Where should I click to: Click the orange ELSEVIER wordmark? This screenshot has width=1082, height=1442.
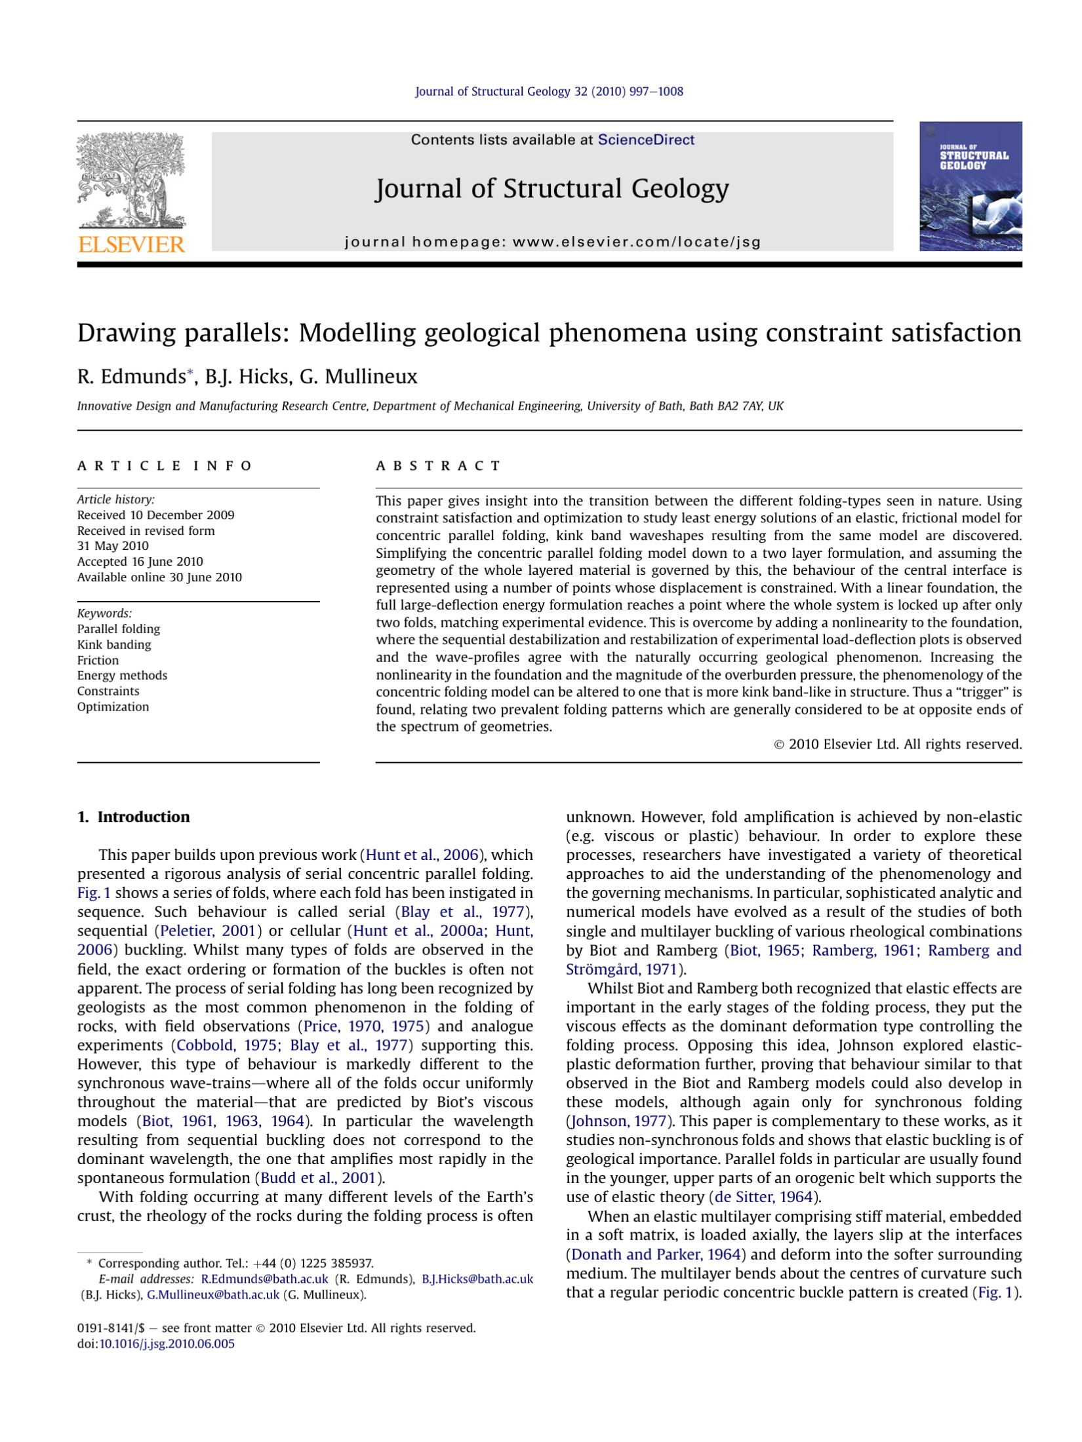(x=131, y=244)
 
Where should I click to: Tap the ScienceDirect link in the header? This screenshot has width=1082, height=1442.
(x=645, y=140)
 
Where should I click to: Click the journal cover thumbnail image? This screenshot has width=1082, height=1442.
(x=970, y=186)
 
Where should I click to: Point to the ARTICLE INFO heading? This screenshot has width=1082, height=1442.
(x=164, y=465)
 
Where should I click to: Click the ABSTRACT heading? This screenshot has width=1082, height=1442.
(x=437, y=465)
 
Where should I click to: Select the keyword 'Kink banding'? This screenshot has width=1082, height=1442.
(x=114, y=644)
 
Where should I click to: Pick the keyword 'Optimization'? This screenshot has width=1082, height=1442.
(x=113, y=707)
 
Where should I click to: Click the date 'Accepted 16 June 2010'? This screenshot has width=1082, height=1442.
(x=140, y=561)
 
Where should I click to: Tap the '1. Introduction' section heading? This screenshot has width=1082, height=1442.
(x=133, y=817)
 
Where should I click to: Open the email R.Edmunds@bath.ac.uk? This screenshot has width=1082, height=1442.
(x=264, y=1279)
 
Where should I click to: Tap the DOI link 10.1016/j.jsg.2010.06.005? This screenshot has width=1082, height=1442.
(x=167, y=1344)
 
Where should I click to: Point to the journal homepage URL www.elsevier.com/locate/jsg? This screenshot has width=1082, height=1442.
(x=636, y=242)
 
